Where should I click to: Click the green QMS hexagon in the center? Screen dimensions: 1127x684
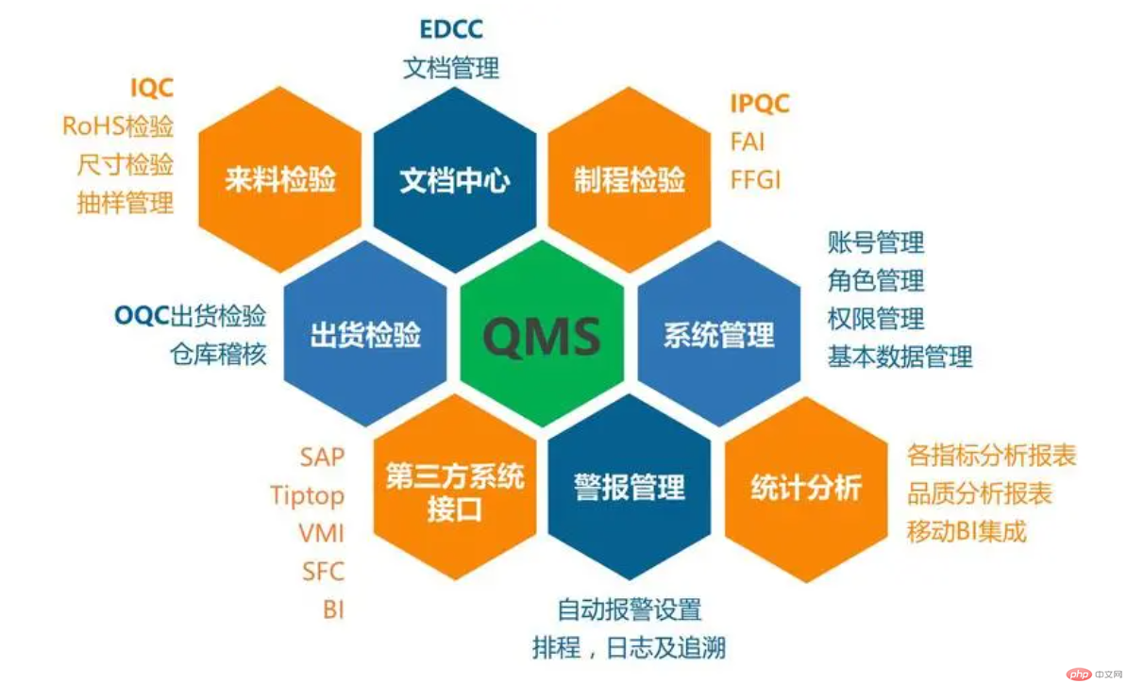click(x=542, y=334)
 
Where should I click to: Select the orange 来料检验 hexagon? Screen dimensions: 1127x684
click(x=279, y=179)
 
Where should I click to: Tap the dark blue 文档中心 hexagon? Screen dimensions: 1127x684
click(x=454, y=179)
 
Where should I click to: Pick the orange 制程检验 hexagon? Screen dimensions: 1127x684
click(x=630, y=179)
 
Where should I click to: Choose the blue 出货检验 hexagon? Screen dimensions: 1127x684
click(x=365, y=334)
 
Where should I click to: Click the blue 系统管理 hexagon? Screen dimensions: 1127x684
click(x=718, y=334)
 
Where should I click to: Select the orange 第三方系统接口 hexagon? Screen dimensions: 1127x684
click(x=454, y=488)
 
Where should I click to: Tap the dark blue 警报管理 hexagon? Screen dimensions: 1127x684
click(x=630, y=488)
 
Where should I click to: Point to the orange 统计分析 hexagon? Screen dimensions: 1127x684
click(x=806, y=488)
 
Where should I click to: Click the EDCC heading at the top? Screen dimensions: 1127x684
click(x=451, y=29)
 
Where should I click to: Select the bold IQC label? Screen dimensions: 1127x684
click(x=152, y=88)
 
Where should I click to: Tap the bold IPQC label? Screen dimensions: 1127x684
click(x=760, y=104)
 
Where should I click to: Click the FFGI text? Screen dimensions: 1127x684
click(x=755, y=179)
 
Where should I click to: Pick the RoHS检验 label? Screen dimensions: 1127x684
click(x=118, y=125)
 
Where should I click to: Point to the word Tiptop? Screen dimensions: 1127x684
click(x=307, y=495)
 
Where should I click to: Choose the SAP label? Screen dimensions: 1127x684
click(x=322, y=457)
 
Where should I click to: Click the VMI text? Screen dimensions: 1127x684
click(x=321, y=533)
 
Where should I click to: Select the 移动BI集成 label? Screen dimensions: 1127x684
click(x=966, y=532)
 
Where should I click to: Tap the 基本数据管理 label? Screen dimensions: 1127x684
click(x=900, y=357)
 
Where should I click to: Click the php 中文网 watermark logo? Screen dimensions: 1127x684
click(x=1092, y=674)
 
